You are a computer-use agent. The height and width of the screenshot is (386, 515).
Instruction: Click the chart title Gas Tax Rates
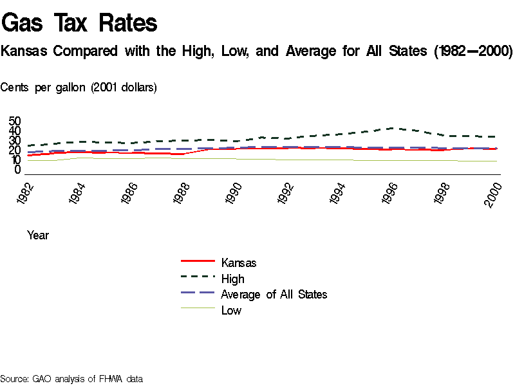point(79,23)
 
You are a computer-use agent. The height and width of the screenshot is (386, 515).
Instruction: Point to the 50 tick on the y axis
point(15,121)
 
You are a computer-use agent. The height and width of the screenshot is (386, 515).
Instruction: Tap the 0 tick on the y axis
point(18,170)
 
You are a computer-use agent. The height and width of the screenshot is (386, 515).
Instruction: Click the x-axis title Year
point(38,235)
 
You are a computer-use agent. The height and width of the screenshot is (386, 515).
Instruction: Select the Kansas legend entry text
point(238,262)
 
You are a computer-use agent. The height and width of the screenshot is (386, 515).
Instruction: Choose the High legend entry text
point(232,279)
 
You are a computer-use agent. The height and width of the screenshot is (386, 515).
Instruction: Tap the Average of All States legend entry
point(274,295)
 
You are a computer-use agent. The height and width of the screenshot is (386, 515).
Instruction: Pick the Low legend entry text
point(231,311)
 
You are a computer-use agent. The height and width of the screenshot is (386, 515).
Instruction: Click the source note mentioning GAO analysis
point(71,379)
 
